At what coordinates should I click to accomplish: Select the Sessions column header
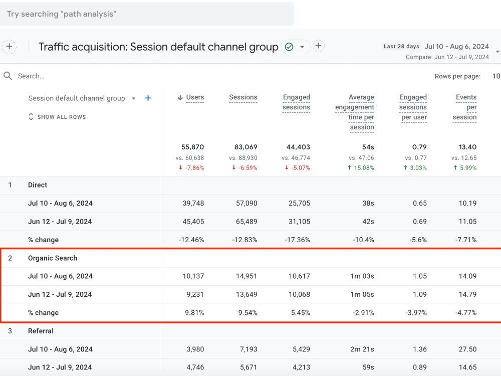[243, 97]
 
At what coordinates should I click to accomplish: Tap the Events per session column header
[464, 107]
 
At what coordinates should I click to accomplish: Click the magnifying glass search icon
[8, 76]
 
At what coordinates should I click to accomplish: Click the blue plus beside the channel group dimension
[148, 98]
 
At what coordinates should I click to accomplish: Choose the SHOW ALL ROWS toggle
[57, 117]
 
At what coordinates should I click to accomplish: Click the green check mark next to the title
[289, 47]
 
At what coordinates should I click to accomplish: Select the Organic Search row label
[53, 258]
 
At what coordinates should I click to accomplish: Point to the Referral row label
[41, 331]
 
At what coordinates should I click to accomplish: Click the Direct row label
[38, 185]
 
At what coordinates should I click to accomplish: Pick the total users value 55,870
[192, 147]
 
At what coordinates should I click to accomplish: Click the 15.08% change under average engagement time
[361, 167]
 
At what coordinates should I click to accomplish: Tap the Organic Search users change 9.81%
[194, 313]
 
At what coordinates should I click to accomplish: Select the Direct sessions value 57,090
[246, 203]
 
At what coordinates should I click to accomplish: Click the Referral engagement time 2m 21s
[362, 349]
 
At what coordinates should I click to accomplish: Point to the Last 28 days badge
[401, 46]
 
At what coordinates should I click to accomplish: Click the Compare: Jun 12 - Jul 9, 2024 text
[447, 57]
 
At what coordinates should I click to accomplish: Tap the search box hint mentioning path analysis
[61, 14]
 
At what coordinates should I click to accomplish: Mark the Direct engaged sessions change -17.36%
[297, 240]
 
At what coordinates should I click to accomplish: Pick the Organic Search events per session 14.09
[467, 276]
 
